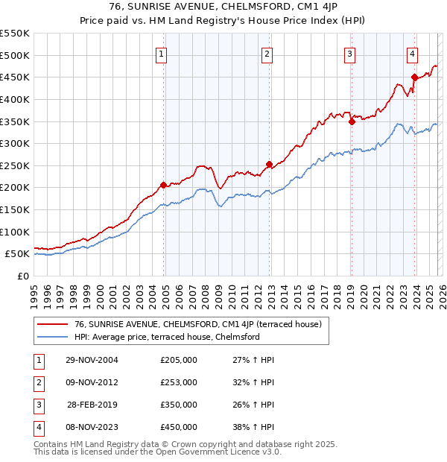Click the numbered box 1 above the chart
tap(162, 53)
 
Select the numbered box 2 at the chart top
tap(267, 53)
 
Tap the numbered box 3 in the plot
tap(349, 53)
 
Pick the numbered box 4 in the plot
tap(412, 53)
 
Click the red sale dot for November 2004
tap(163, 185)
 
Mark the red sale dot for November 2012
tap(269, 164)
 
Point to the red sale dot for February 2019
tap(352, 121)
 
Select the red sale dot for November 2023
tap(414, 77)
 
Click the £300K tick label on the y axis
tap(14, 143)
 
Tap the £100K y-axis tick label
tap(14, 232)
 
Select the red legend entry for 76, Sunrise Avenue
tap(197, 324)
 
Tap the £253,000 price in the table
tap(179, 382)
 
